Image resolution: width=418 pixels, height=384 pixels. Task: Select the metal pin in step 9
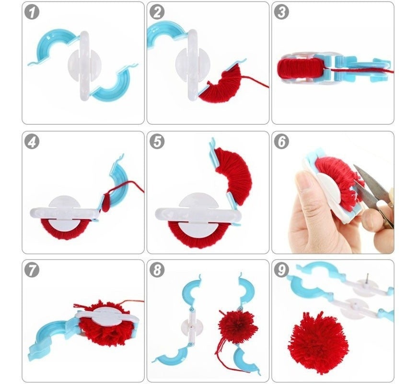(x=366, y=279)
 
